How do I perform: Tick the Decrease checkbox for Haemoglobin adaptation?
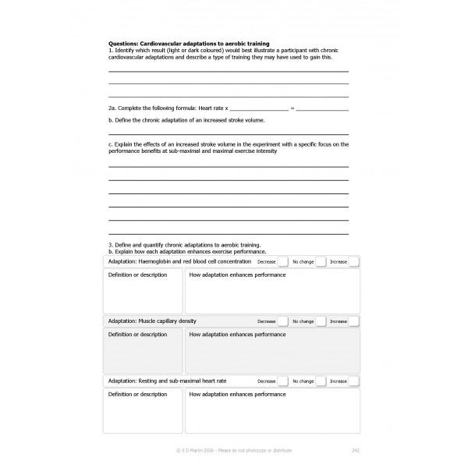[x=282, y=262]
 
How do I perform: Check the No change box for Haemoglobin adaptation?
[x=320, y=262]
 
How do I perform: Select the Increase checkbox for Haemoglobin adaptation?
[x=353, y=262]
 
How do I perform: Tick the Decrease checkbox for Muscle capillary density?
[x=282, y=321]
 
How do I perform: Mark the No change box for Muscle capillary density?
[x=320, y=321]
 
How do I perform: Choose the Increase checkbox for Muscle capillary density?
[x=353, y=321]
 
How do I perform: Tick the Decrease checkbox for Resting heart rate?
[x=282, y=381]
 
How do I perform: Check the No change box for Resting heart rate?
[x=320, y=381]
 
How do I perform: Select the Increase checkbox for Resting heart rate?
[x=353, y=381]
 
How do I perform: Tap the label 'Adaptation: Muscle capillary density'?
[x=152, y=321]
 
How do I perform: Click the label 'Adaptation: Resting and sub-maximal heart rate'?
[x=167, y=381]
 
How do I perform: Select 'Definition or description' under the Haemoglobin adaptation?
[x=137, y=275]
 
